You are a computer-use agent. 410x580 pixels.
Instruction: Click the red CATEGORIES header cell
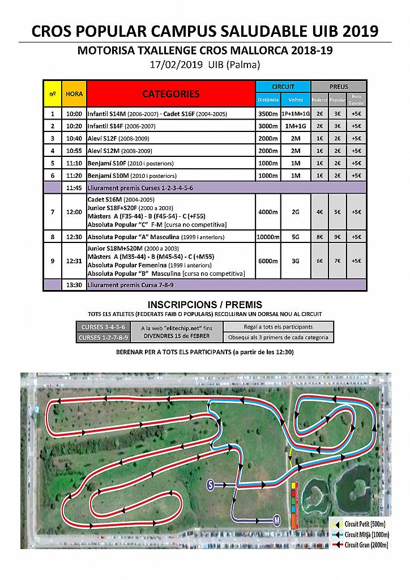point(170,93)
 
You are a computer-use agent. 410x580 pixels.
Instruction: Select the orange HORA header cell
point(74,93)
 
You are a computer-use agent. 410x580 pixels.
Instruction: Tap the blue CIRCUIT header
point(283,87)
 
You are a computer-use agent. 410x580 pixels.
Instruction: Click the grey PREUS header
point(339,87)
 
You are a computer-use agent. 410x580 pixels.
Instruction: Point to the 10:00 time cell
point(74,114)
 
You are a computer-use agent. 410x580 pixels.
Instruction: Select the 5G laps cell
point(296,236)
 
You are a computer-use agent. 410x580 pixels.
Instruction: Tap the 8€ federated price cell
point(320,236)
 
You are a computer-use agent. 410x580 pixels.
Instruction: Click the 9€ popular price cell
point(338,236)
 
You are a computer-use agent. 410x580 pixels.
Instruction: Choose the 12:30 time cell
point(74,236)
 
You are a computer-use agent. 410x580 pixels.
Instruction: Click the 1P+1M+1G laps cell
point(296,114)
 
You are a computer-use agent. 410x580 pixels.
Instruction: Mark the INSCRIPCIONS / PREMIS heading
point(204,305)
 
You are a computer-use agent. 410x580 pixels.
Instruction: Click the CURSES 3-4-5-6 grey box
point(104,327)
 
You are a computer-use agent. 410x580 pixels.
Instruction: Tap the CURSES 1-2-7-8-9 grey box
point(104,338)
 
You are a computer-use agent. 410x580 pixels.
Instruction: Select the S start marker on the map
point(210,484)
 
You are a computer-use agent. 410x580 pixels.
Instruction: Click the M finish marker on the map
point(277,520)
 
